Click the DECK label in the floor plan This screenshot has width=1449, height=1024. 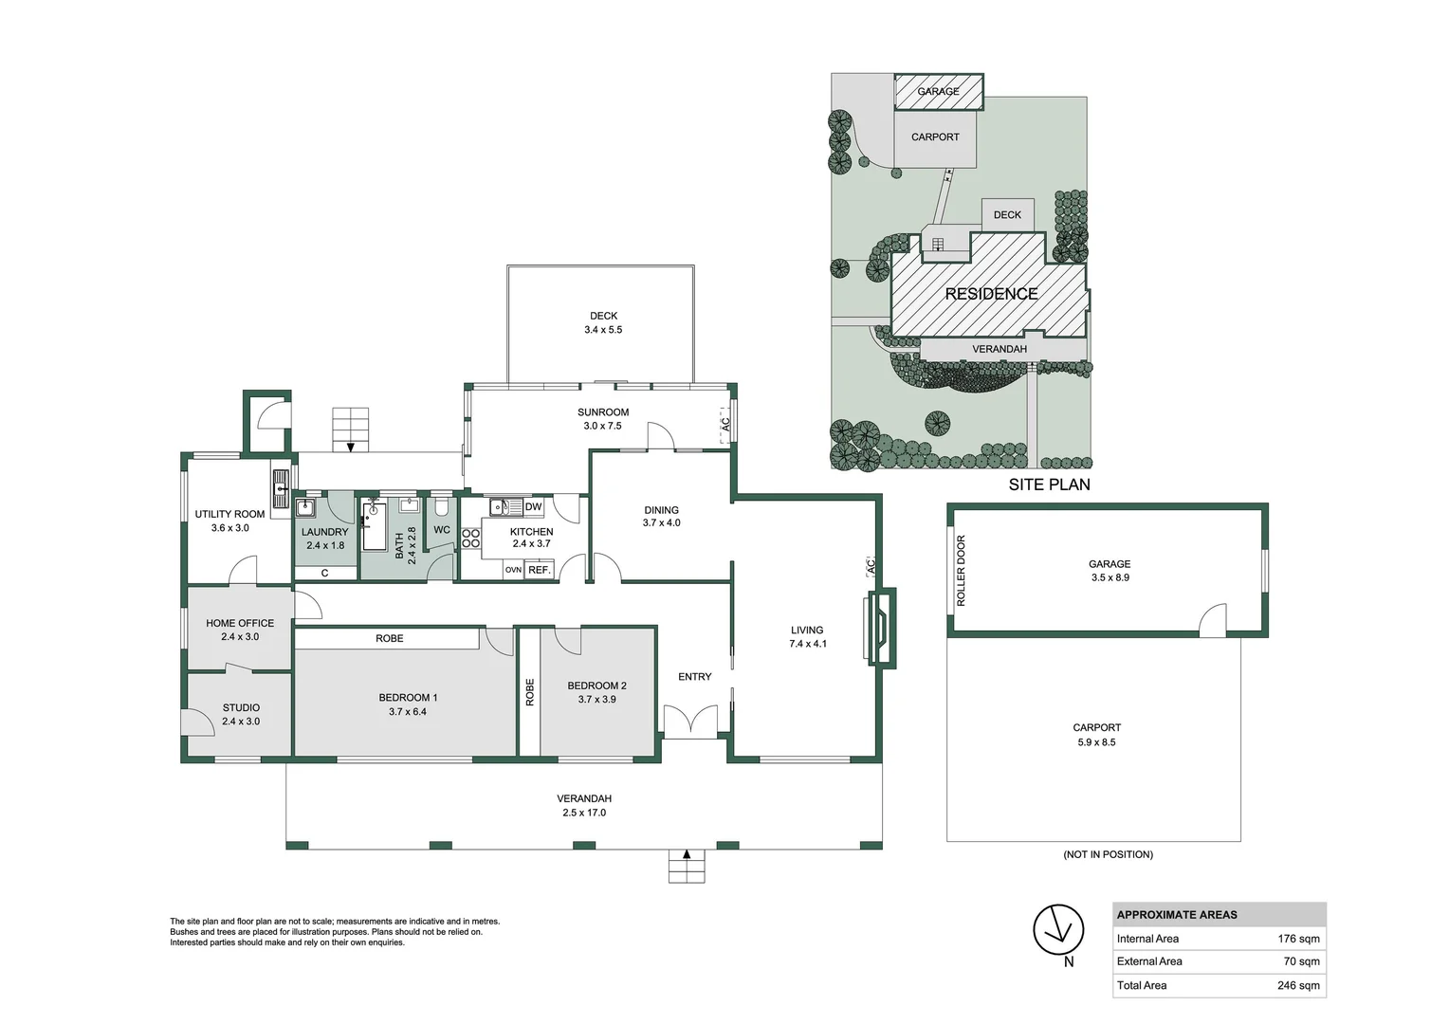(x=603, y=316)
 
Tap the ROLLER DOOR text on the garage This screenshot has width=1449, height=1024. (x=961, y=571)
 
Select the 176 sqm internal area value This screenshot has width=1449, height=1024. (x=1298, y=939)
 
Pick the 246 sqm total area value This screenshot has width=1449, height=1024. (x=1298, y=985)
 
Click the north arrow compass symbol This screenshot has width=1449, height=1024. (x=1058, y=929)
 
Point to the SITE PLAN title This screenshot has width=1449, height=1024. (x=1049, y=485)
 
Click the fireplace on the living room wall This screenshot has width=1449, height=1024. (x=879, y=628)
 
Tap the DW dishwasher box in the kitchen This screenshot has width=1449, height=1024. (x=533, y=507)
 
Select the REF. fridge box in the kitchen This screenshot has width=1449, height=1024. (x=539, y=570)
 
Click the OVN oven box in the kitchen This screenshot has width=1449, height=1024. (x=513, y=570)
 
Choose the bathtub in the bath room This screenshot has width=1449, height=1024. (x=373, y=527)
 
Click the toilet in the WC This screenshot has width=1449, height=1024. (x=442, y=506)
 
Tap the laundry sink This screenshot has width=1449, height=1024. (x=305, y=507)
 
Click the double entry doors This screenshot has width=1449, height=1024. (x=690, y=722)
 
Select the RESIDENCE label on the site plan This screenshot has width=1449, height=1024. (x=991, y=294)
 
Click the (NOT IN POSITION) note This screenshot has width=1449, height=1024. (x=1108, y=854)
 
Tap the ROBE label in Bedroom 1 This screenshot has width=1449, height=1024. (x=389, y=639)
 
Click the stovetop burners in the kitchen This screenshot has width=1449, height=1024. (x=470, y=539)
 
